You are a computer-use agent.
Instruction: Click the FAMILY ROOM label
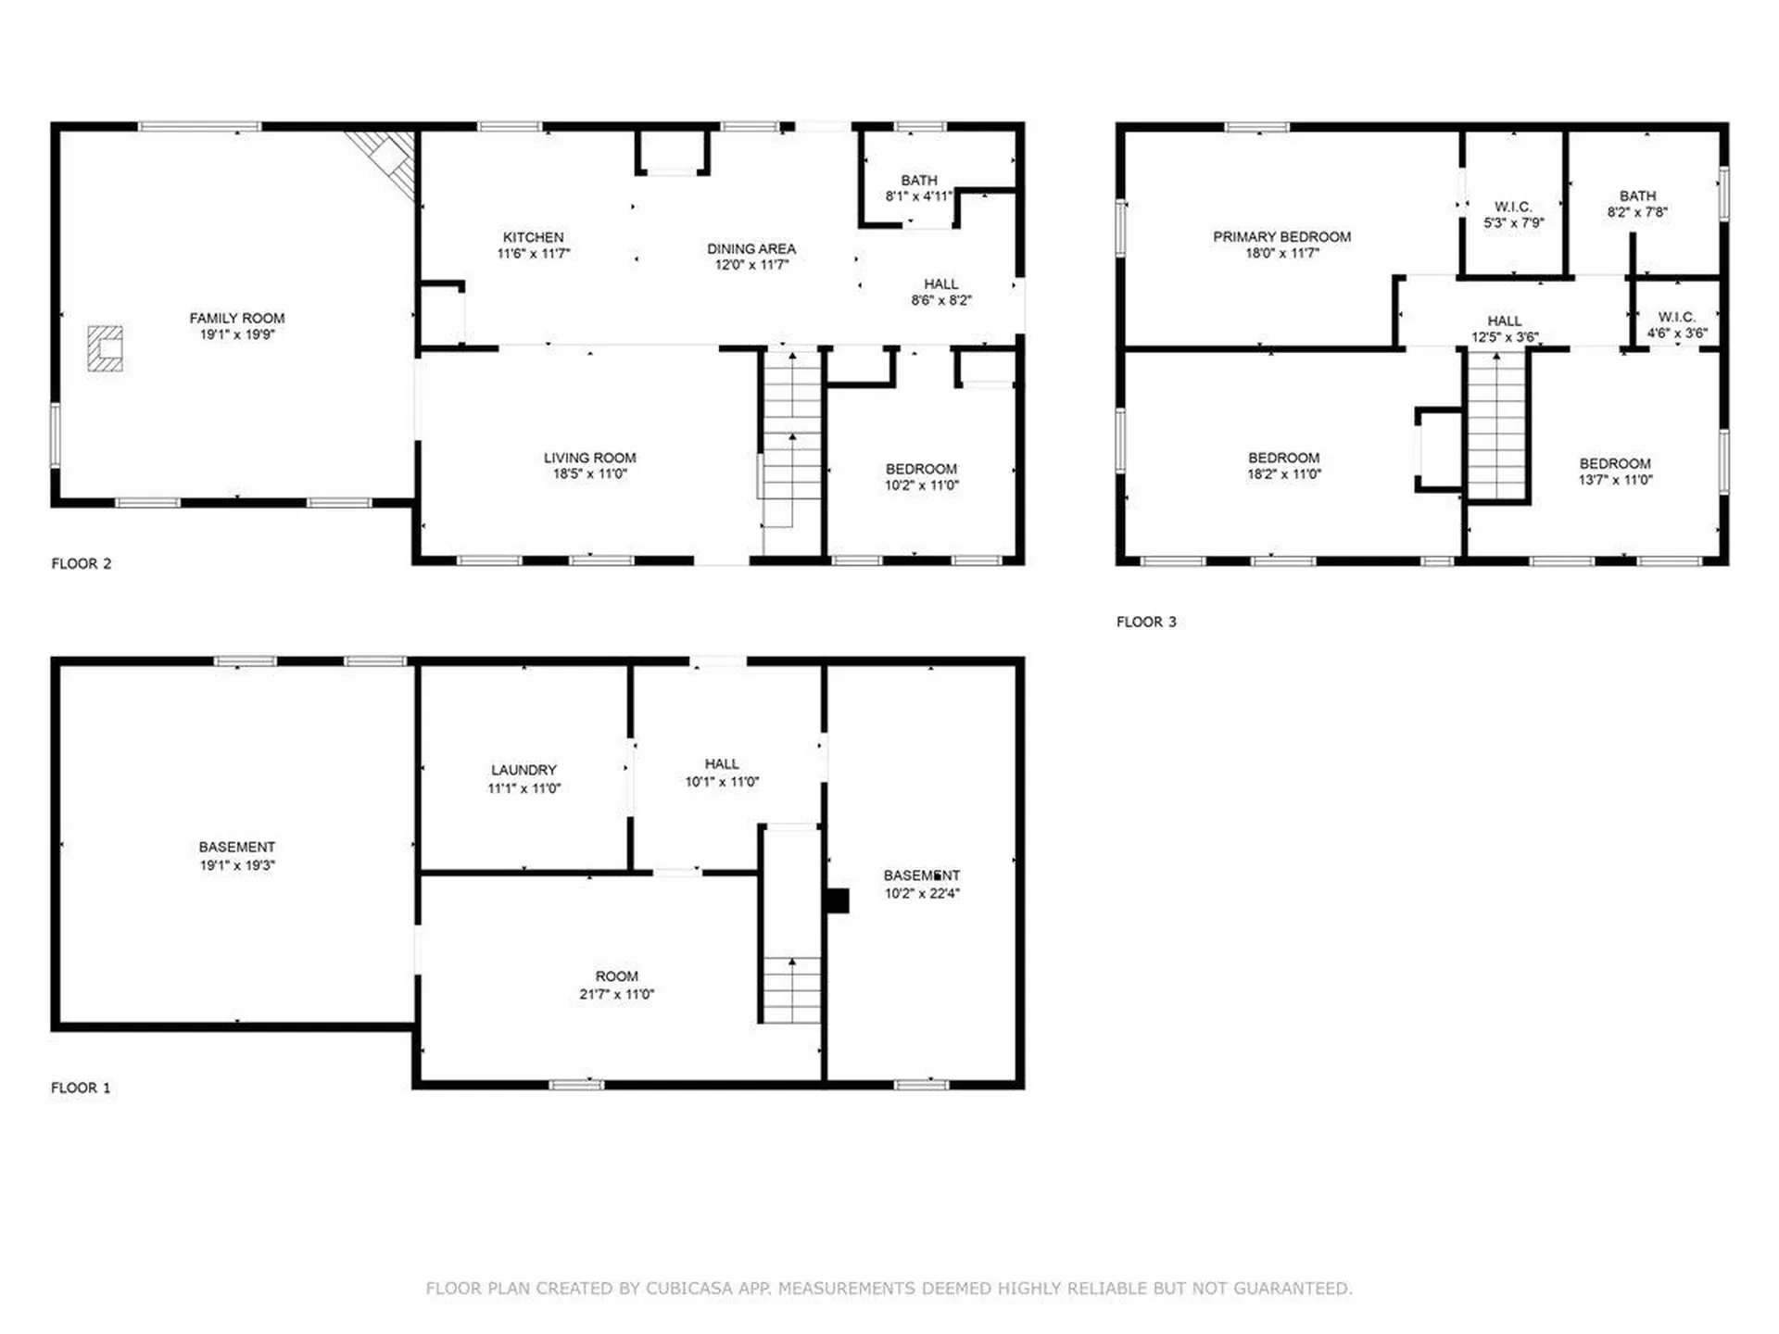(237, 318)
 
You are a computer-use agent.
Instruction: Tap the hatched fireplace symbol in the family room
(106, 348)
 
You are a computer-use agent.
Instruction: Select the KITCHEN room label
(533, 237)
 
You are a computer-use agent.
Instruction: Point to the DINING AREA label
(751, 248)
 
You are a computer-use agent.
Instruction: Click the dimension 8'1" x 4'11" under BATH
(919, 196)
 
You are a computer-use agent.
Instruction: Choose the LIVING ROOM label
(589, 458)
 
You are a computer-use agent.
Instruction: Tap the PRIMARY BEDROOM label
(1282, 237)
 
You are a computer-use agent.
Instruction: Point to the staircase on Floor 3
(1496, 426)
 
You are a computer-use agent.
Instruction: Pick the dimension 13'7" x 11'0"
(1616, 480)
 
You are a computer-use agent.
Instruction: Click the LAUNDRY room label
(524, 770)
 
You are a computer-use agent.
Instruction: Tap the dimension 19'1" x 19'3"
(237, 865)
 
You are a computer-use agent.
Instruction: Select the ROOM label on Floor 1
(616, 976)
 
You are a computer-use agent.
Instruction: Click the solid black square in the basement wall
(838, 901)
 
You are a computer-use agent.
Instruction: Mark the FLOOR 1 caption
(81, 1088)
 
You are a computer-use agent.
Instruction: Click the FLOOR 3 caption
(1146, 622)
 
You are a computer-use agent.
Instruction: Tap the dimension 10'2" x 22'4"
(922, 893)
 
